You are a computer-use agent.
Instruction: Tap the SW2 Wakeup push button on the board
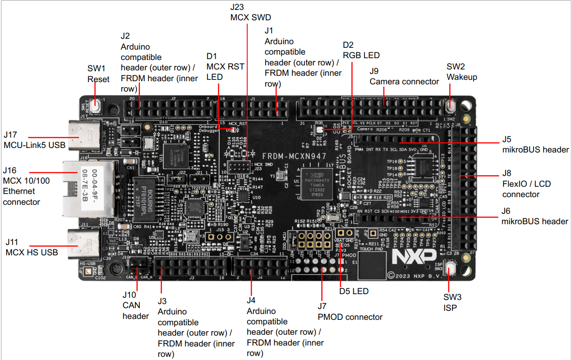(450, 106)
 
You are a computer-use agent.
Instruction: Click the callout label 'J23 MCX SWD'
(250, 13)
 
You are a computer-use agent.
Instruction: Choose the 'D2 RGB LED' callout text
(361, 50)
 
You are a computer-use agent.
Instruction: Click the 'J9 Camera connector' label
(404, 76)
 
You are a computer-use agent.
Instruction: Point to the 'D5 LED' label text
(354, 291)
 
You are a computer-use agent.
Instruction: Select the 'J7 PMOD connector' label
(350, 312)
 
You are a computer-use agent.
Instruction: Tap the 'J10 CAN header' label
(135, 305)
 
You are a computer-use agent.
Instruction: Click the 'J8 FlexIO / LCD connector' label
(526, 184)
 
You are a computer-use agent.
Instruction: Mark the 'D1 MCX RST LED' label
(225, 66)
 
